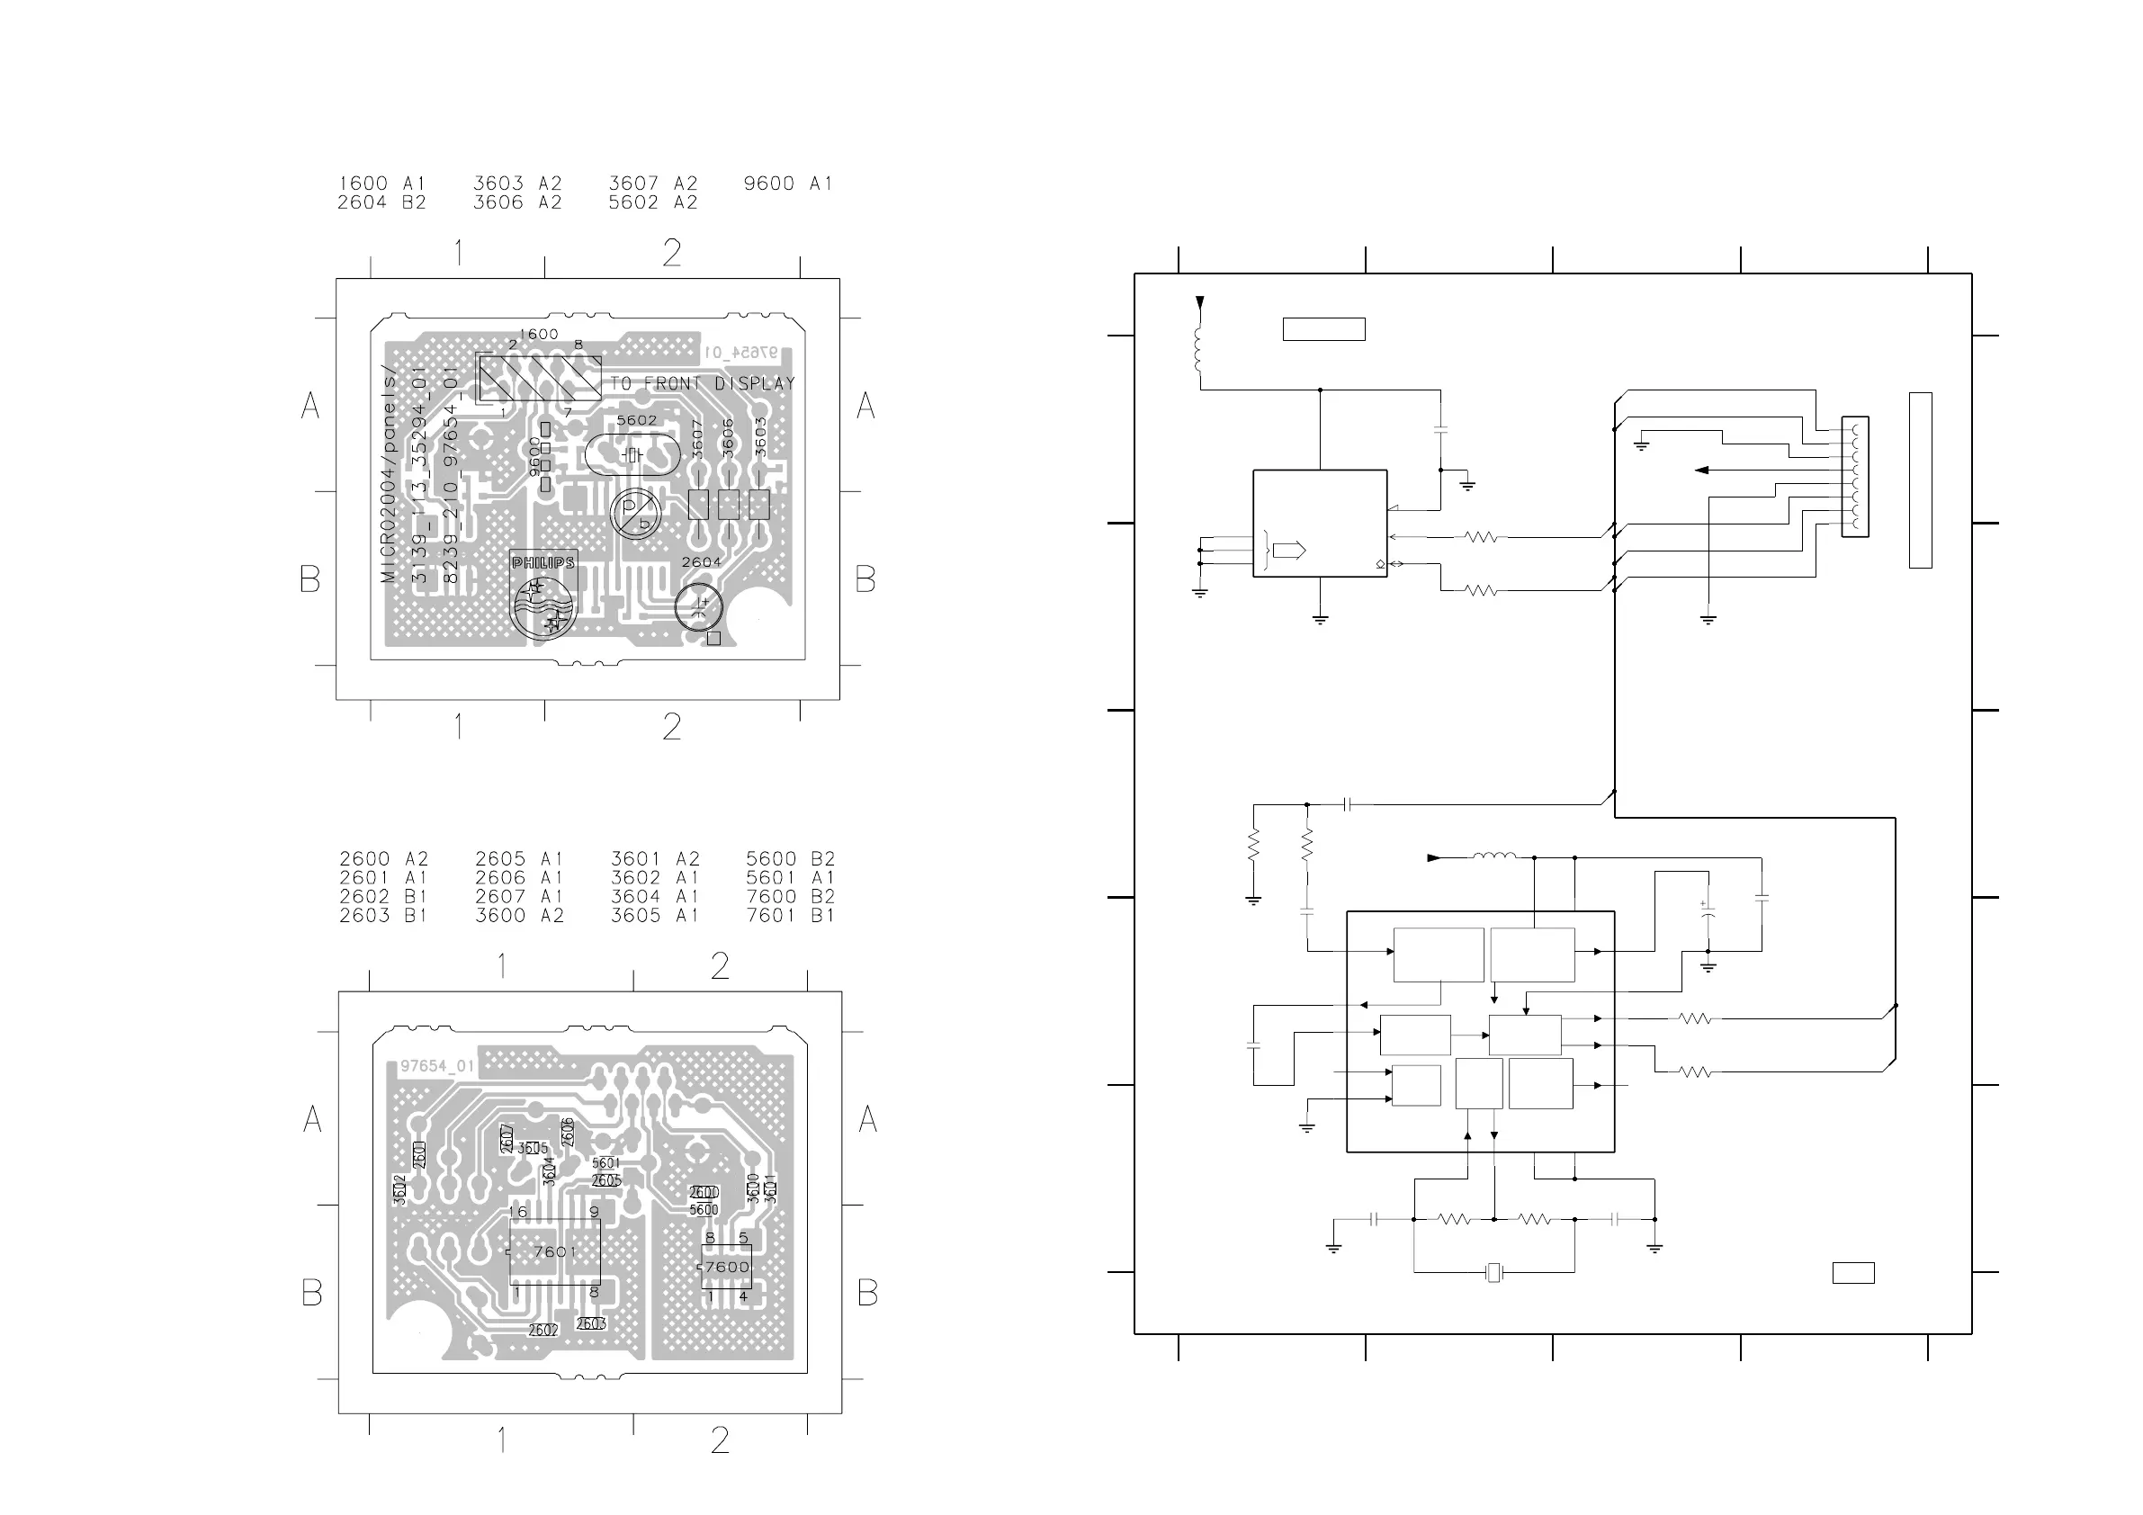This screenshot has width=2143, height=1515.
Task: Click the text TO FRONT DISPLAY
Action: (x=702, y=383)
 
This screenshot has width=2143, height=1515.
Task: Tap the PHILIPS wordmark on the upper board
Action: (x=542, y=563)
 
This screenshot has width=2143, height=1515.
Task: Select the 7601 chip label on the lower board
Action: (x=554, y=1251)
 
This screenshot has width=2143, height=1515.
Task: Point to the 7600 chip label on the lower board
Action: (x=727, y=1267)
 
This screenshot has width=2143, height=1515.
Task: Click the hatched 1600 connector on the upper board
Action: (x=539, y=377)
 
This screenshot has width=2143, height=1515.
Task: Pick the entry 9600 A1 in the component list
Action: (x=787, y=184)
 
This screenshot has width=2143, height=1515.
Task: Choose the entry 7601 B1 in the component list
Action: (x=790, y=916)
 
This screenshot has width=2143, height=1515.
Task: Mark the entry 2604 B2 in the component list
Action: (x=381, y=202)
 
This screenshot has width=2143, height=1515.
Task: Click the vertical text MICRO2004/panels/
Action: (x=390, y=473)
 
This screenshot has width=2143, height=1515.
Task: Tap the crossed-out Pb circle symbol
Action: (x=636, y=513)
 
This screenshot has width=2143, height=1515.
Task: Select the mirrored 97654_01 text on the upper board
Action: (x=740, y=352)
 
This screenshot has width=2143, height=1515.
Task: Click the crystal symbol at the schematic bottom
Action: (x=1494, y=1271)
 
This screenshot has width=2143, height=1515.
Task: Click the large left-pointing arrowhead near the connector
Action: (x=1701, y=471)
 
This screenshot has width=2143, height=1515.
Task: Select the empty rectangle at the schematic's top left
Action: (x=1323, y=328)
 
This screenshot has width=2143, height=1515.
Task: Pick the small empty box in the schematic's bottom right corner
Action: (x=1852, y=1272)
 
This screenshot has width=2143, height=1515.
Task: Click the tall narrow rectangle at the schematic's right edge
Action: (x=1920, y=480)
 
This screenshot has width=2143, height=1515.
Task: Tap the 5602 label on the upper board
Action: (x=637, y=421)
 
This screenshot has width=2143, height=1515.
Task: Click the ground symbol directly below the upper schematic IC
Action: (x=1320, y=618)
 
